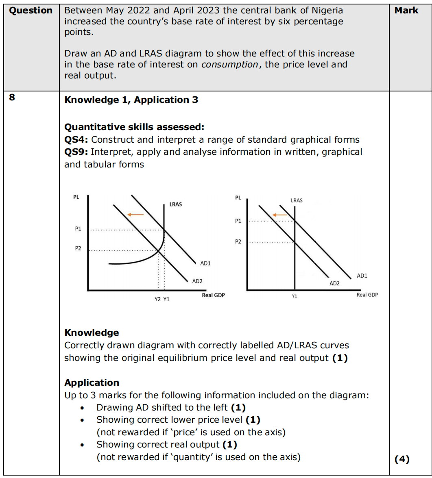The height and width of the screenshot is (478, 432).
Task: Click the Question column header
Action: [31, 11]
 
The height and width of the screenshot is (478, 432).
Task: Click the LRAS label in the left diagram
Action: [175, 204]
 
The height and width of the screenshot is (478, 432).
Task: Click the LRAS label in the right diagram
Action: [297, 200]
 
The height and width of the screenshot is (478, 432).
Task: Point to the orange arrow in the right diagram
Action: [280, 215]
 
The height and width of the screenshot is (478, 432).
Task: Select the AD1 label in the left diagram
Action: [205, 263]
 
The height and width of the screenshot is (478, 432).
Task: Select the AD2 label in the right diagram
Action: [334, 283]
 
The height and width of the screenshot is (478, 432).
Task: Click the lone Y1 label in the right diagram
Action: [295, 296]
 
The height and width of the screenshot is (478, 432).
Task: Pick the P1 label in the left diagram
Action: [78, 229]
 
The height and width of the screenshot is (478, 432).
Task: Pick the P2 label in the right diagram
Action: [238, 242]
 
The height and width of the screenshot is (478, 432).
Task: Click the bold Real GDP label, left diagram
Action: [213, 295]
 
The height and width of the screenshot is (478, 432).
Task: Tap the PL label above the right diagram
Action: [238, 198]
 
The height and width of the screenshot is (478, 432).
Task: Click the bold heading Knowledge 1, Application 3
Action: [131, 100]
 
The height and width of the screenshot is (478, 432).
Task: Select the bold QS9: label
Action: [77, 152]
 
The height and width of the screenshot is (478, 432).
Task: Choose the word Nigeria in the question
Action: [326, 11]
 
